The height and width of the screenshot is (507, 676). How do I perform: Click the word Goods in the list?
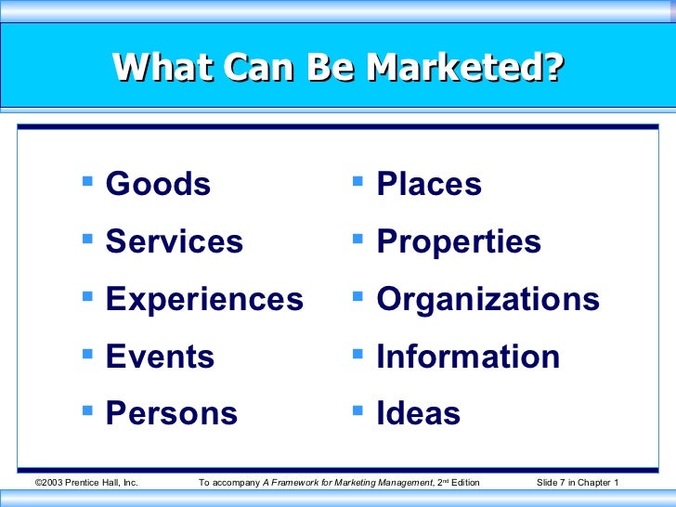(158, 185)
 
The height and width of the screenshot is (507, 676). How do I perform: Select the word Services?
(175, 242)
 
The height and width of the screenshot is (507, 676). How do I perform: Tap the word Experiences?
(204, 300)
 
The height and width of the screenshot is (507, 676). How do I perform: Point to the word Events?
(160, 357)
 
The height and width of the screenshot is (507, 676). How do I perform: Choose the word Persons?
(172, 414)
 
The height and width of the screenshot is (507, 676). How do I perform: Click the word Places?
(429, 185)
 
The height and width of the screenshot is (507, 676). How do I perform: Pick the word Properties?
(459, 242)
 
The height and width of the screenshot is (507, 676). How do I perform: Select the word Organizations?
(487, 300)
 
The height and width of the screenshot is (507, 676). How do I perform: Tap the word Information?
(468, 357)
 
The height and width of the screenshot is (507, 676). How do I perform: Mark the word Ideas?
(418, 414)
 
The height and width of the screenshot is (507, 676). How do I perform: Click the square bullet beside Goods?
(88, 176)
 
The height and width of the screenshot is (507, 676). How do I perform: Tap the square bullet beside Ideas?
(358, 406)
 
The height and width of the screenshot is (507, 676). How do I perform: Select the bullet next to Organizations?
(358, 292)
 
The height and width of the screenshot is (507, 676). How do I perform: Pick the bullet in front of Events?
(88, 349)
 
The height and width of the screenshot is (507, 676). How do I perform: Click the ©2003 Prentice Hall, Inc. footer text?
(85, 483)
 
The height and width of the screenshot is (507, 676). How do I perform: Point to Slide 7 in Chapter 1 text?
(578, 483)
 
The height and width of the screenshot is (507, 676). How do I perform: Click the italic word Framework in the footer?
(304, 483)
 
